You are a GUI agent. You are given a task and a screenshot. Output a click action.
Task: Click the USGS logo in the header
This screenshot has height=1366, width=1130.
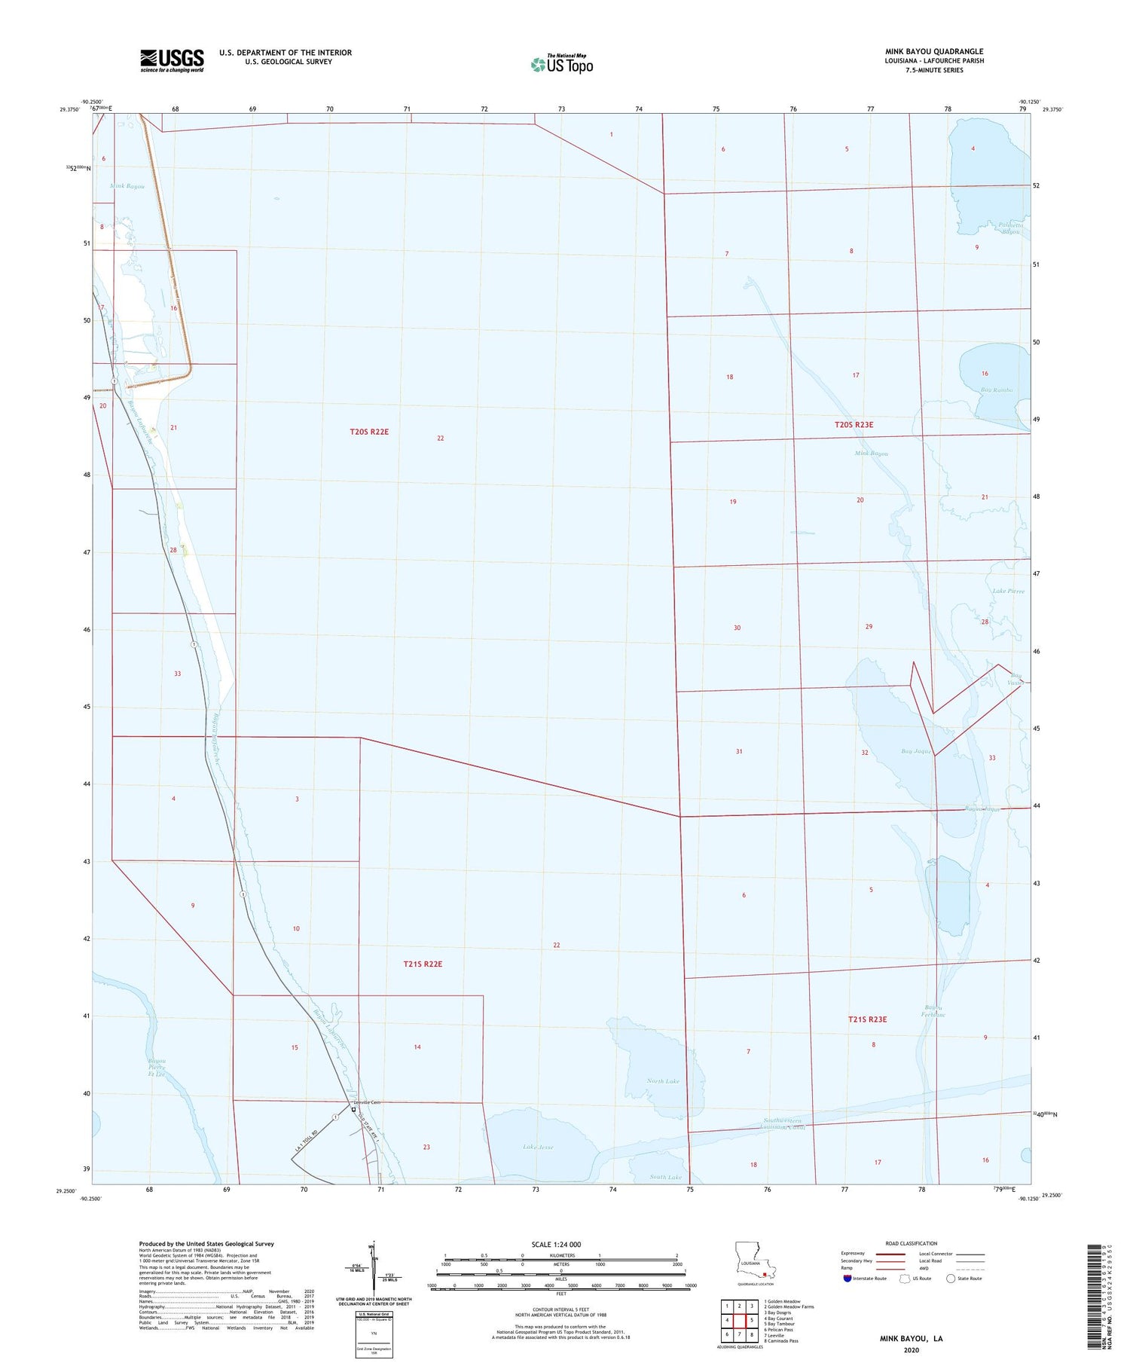(x=172, y=60)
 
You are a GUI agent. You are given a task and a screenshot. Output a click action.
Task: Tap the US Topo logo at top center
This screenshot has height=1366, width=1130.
(x=562, y=64)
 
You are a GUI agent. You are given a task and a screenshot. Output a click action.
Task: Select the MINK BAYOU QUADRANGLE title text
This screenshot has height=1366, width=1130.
(x=934, y=52)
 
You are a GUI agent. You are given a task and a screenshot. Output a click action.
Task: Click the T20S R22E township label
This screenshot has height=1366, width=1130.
(x=369, y=432)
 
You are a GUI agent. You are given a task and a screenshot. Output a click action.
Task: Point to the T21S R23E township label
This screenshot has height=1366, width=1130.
(x=867, y=1019)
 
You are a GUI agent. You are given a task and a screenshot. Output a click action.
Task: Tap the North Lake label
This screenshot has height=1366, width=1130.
(x=663, y=1081)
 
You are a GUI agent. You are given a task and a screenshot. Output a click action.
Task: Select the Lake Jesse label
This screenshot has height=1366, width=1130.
(x=538, y=1147)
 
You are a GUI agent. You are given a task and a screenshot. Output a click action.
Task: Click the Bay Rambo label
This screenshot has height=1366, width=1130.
(x=996, y=390)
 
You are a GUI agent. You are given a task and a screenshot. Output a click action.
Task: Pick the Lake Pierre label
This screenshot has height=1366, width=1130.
(x=1008, y=591)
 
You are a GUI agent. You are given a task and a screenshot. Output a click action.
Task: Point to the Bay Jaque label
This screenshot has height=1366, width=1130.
(x=917, y=751)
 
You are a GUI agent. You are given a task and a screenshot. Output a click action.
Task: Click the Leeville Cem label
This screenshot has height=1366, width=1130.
(x=368, y=1102)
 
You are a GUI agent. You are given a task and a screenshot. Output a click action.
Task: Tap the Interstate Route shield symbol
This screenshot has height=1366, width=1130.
(x=847, y=1278)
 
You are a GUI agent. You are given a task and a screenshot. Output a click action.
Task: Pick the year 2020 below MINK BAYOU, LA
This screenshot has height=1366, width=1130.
(x=911, y=1349)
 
